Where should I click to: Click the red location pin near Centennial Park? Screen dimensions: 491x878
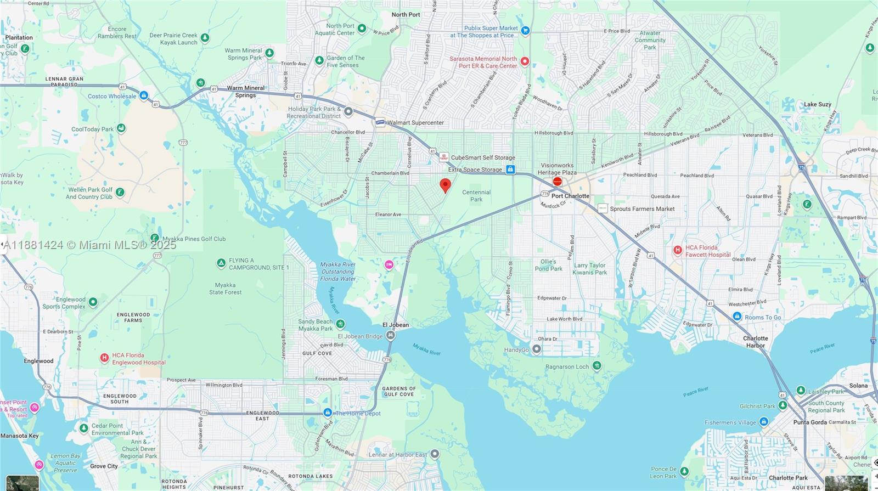click(x=446, y=185)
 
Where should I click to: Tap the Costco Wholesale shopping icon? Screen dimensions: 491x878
click(x=144, y=96)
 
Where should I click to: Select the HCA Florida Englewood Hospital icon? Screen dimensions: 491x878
click(x=104, y=358)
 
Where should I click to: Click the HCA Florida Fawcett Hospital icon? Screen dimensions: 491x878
click(x=678, y=251)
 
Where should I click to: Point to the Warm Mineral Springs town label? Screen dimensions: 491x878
click(x=245, y=92)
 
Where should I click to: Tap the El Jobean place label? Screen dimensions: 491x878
click(x=396, y=325)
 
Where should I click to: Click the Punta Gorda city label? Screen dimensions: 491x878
click(x=810, y=422)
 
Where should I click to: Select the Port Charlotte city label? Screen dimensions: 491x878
click(x=570, y=196)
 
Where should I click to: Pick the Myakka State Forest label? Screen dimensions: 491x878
click(x=225, y=289)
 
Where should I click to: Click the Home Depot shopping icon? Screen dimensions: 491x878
click(x=328, y=413)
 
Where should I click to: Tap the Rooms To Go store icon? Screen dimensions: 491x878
click(x=737, y=317)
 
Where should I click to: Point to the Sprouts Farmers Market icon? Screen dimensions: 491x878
click(x=603, y=208)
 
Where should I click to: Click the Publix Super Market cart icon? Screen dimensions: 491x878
click(x=525, y=31)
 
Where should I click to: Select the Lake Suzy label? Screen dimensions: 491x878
click(x=817, y=104)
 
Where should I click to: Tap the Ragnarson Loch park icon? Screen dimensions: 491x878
click(x=596, y=366)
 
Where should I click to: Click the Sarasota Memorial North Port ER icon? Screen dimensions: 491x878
click(x=525, y=61)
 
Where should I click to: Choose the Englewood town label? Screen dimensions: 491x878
click(x=38, y=361)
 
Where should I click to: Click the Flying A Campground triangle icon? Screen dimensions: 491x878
click(x=221, y=264)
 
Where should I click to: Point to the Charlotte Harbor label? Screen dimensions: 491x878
click(x=755, y=342)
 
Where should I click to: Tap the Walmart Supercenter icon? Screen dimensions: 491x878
click(x=380, y=122)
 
